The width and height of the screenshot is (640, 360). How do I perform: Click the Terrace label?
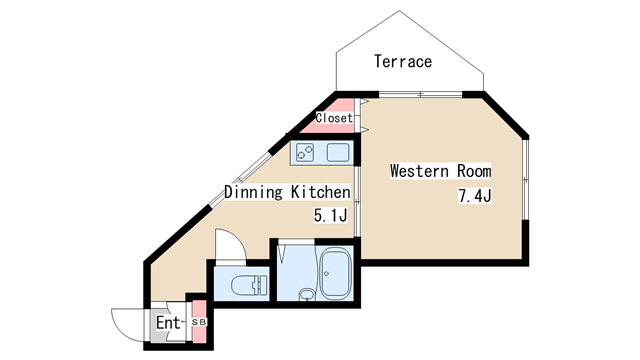tap(403, 61)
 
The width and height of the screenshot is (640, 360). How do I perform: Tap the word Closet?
tap(334, 118)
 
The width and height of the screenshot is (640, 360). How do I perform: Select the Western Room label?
tap(440, 171)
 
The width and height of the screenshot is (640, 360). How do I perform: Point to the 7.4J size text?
tap(475, 196)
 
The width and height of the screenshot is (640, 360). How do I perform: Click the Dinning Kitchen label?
tap(287, 192)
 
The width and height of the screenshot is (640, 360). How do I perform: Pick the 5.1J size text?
tap(330, 215)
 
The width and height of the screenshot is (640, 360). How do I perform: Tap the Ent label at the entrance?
tap(167, 323)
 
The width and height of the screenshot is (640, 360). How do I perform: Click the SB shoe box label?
tap(199, 322)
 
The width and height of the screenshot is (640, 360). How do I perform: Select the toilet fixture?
tap(249, 284)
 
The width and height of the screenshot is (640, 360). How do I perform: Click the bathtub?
tap(335, 273)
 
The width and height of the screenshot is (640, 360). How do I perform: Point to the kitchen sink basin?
tap(338, 153)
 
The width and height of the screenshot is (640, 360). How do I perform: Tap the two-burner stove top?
tap(305, 153)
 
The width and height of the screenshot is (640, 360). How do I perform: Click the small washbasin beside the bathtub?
tap(307, 294)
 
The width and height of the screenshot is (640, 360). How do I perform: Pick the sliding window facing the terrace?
tap(420, 95)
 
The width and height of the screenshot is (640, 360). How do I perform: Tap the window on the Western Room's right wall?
tap(526, 179)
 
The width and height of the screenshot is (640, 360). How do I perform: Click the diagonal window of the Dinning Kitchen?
tap(240, 180)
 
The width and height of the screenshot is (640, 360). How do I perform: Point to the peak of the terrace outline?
tap(399, 11)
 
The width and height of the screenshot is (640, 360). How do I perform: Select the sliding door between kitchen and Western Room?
tap(357, 201)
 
